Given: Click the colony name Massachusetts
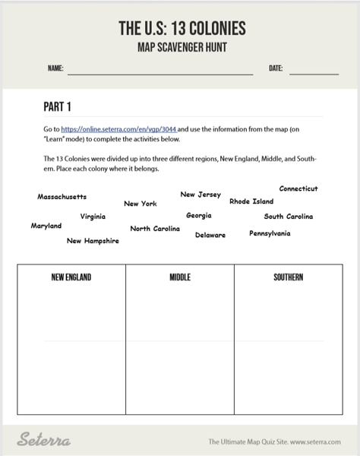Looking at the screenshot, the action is coord(62,197).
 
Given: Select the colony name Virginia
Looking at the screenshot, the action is coord(93,217).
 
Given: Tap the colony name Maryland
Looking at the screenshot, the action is coord(46,226).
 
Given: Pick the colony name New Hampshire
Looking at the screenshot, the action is coord(93,241).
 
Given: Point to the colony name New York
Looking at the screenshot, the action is coord(141,204).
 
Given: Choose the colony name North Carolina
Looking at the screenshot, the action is coord(155,229).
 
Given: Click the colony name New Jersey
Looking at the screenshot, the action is coord(201,195).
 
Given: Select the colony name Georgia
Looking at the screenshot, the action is coord(199,216).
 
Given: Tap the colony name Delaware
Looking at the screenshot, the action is coord(210,235).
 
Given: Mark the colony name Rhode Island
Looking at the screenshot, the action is coord(251,201).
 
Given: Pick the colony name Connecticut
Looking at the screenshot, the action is coord(298,188).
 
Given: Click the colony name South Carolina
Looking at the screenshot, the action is coord(289,217).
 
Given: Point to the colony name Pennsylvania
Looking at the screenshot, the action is coord(270,233).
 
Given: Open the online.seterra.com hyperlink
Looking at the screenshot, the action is coord(118,130).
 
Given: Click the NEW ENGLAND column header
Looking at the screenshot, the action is coord(71,277).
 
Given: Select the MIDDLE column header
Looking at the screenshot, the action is coord(180,277).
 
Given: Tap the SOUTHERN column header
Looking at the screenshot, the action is coord(289,277).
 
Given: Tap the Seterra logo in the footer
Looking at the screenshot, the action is coord(44,440).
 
